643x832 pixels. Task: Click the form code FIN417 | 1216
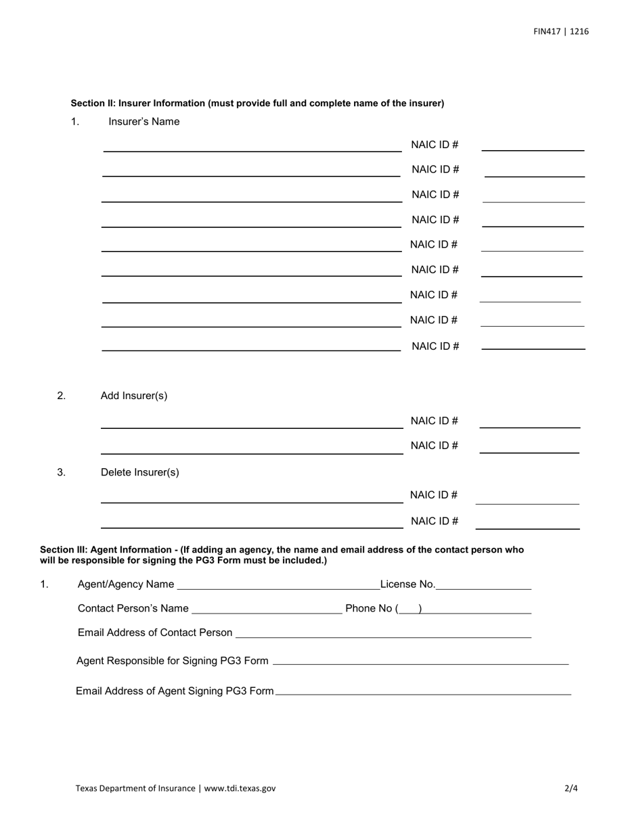pos(560,31)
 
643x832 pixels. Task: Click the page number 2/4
pos(571,788)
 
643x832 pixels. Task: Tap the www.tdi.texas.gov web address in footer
pos(240,788)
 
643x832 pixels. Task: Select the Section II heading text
pos(257,103)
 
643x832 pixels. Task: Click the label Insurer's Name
pos(144,122)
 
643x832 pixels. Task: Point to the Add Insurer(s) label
pos(134,396)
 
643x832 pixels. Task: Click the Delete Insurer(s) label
pos(140,472)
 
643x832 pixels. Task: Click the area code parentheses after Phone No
pos(409,609)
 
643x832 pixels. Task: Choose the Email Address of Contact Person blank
pos(383,634)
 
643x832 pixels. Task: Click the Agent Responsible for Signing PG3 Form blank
pos(420,662)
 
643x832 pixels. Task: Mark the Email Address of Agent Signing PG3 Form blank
pos(424,691)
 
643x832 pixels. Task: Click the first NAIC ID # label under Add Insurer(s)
pos(435,421)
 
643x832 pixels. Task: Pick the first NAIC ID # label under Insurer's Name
pos(435,145)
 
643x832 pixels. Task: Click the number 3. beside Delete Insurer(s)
pos(61,472)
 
